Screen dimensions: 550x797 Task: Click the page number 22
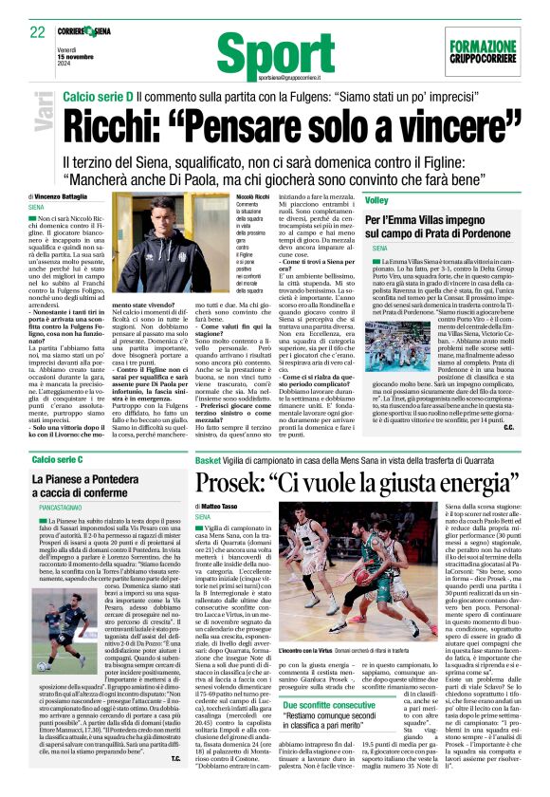[x=37, y=31]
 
